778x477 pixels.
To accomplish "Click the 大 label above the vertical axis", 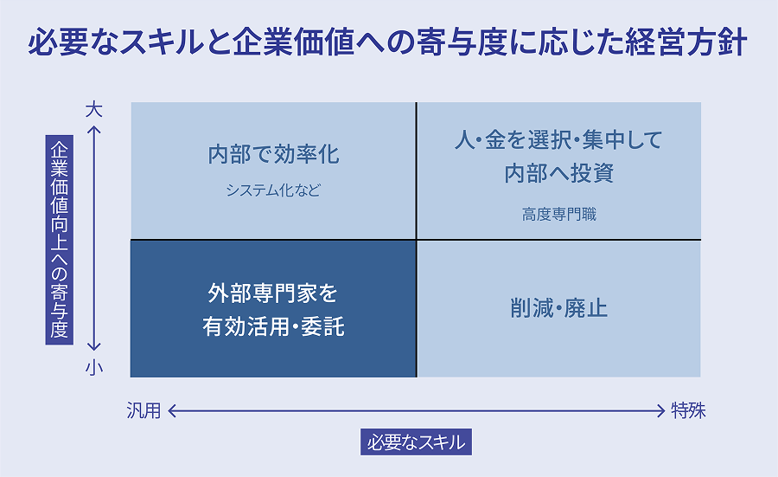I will point(94,110).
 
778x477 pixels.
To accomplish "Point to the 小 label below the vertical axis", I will point(94,368).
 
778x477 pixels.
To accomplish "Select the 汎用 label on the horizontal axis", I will point(143,411).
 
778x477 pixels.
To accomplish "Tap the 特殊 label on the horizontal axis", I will point(689,411).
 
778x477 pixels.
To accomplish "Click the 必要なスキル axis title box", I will point(416,442).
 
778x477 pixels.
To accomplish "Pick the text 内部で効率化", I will point(273,155).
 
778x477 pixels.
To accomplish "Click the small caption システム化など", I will point(273,190).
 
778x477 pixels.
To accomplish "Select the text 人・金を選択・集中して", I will point(558,139).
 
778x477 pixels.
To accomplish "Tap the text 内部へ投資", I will point(558,173).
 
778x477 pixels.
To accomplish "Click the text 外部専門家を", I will point(273,293).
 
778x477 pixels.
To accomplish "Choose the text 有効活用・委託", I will point(273,328).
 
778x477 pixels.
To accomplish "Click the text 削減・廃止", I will point(558,308).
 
